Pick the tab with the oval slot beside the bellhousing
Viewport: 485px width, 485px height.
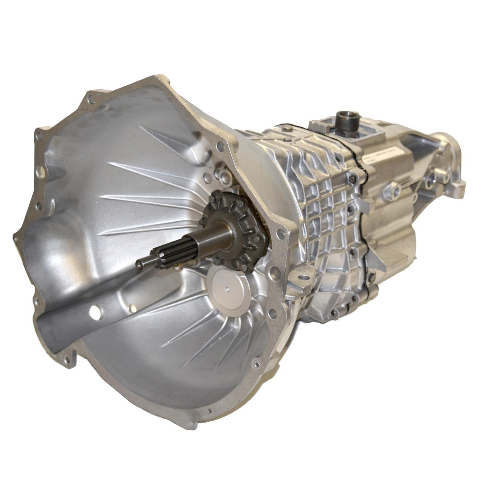tap(302, 276)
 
